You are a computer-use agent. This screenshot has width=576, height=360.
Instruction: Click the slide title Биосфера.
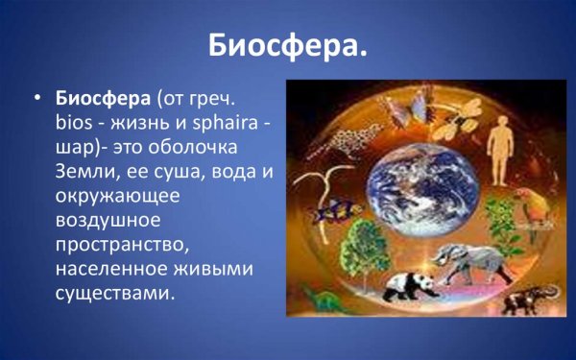[288, 45]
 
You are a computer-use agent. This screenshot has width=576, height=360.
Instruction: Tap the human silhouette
[501, 148]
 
